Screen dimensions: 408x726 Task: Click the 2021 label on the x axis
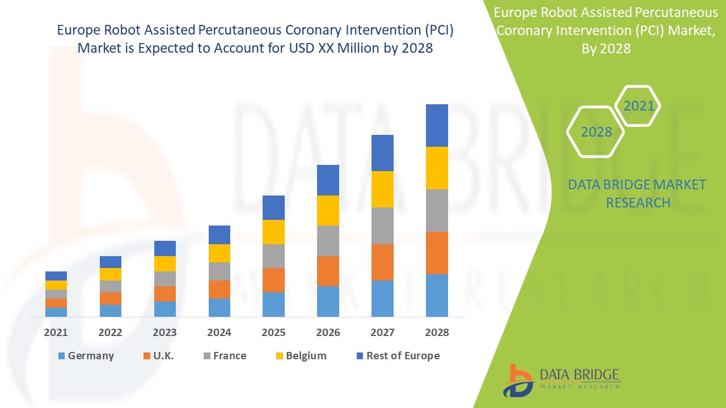click(x=56, y=333)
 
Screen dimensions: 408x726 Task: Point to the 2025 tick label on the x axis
click(x=273, y=333)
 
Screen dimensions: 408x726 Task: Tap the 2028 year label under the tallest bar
click(x=437, y=333)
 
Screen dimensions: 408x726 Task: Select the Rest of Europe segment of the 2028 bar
click(x=437, y=125)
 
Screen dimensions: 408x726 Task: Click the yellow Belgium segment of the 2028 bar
click(x=437, y=168)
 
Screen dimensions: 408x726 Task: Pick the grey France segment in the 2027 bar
click(x=382, y=226)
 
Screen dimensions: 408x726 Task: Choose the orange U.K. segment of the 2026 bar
click(x=328, y=271)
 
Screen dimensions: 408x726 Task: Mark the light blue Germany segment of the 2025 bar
click(x=273, y=304)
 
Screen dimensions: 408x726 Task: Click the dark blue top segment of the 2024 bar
click(x=219, y=235)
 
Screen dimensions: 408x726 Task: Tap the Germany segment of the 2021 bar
click(x=56, y=312)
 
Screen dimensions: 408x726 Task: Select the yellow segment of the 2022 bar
click(x=110, y=274)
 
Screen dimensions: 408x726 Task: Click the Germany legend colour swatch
click(x=61, y=356)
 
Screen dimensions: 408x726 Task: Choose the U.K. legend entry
click(x=162, y=356)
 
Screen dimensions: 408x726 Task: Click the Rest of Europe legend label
click(x=403, y=356)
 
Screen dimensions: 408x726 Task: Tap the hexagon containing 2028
click(x=596, y=132)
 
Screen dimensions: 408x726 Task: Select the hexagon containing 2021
click(x=639, y=105)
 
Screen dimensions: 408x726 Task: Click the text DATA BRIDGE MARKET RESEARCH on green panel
click(x=638, y=194)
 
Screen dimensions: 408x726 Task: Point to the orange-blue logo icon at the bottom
click(x=518, y=380)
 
